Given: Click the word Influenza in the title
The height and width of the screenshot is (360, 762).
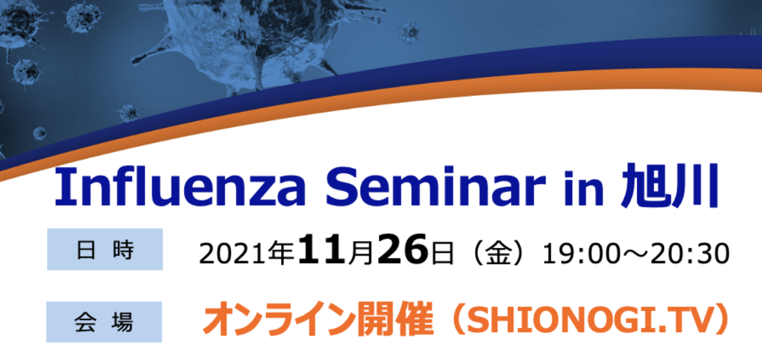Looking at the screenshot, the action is [180, 186].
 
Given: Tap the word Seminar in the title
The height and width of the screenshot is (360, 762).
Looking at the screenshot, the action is [436, 186].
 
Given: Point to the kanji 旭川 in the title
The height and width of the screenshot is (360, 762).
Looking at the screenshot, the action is [670, 186].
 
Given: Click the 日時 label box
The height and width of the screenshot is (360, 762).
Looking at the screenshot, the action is [105, 249].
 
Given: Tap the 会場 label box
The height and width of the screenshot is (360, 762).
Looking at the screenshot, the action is [104, 322].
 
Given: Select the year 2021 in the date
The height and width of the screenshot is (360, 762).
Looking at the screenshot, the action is [232, 254].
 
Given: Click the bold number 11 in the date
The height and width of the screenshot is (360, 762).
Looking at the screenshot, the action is [322, 249].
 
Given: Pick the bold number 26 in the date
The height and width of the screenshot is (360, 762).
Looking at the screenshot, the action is [402, 249].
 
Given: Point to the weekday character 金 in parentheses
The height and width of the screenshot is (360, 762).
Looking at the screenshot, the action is [498, 253].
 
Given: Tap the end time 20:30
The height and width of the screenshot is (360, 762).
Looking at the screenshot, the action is [690, 254].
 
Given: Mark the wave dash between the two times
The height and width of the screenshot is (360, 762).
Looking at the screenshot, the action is [635, 254].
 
